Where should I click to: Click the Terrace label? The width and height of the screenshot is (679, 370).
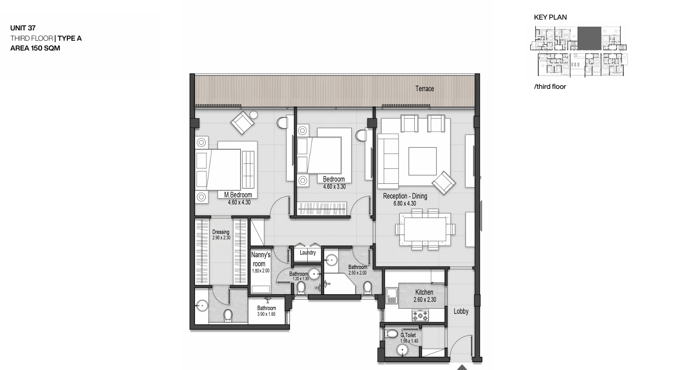coord(425,88)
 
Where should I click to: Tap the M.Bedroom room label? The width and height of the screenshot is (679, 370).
coord(238,195)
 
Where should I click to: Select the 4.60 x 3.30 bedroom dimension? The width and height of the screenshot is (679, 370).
coord(334,187)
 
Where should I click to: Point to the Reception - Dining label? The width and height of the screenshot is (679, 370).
coord(405,196)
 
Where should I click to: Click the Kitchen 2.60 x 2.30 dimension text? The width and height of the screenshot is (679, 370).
coord(425,300)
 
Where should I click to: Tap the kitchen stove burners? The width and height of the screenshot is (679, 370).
coord(420,315)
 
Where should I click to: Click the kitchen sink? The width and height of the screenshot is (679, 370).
coord(391,296)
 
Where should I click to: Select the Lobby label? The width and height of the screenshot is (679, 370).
coord(461,311)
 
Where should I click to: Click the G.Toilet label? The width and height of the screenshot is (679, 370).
coord(408,335)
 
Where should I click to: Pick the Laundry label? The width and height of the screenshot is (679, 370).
coord(308,252)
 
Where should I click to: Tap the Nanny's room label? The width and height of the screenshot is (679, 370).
coord(260,259)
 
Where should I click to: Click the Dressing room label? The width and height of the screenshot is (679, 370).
coord(221,232)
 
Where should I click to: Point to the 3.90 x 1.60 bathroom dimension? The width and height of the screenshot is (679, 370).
coord(266,314)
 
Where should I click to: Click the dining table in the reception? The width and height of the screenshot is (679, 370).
coord(425,229)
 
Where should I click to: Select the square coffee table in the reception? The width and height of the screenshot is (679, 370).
coord(422,161)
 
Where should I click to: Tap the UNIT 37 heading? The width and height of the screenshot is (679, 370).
coord(23,28)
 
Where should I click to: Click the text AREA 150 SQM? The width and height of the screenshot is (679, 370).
coord(35,48)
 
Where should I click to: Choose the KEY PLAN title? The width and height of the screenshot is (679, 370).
coord(550,17)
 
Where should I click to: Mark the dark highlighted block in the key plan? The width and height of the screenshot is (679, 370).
coord(589,38)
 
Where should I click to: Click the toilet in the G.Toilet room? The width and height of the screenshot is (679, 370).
coord(391,334)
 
